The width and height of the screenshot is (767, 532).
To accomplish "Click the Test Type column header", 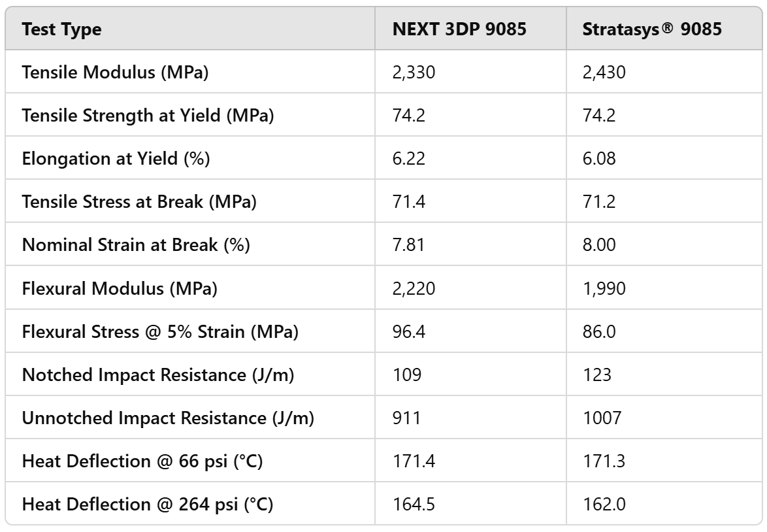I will pos(62,30).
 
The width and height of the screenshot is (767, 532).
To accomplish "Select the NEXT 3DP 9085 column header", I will pos(459,30).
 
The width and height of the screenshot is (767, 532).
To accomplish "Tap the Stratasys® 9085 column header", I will pos(652,30).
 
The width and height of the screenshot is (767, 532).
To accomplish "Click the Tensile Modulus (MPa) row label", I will pos(115,73).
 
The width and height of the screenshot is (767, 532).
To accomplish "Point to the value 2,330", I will pos(414,73).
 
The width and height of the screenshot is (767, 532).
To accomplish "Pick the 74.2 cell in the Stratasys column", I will pos(598,116).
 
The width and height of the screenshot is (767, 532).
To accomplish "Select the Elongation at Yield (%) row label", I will pos(116,159).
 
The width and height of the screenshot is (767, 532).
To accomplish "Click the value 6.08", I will pos(598,159).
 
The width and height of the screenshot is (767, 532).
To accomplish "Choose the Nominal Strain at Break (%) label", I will pos(136,245).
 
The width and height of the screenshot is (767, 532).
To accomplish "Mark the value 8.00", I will pos(598,245).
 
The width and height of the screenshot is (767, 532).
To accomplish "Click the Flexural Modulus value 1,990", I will pos(604,288).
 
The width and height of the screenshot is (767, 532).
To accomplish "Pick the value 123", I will pos(596,374).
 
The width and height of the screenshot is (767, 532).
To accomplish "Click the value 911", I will pos(404,418).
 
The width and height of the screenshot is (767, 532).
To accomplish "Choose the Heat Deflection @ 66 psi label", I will pos(142,461).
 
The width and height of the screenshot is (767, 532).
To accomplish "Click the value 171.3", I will pos(603,461).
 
